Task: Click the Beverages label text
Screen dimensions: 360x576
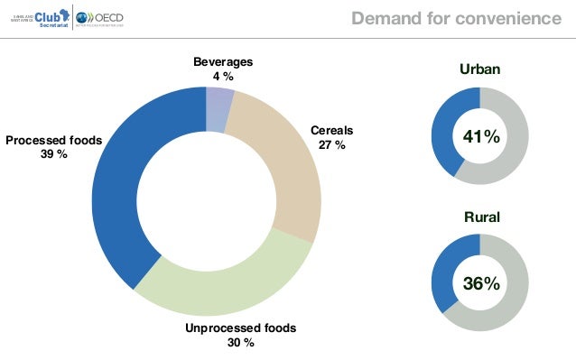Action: coord(223,62)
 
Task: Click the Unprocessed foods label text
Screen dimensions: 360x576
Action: coord(240,328)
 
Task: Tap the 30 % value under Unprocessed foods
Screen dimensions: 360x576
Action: coord(240,343)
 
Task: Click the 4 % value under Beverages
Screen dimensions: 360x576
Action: coord(223,77)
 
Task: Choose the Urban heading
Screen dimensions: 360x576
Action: coord(480,69)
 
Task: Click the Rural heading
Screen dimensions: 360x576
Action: coord(481,217)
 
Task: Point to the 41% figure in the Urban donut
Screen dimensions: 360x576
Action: coord(481,136)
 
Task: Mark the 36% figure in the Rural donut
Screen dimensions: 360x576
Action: coord(481,283)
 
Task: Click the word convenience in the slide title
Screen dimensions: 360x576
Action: coord(501,18)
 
